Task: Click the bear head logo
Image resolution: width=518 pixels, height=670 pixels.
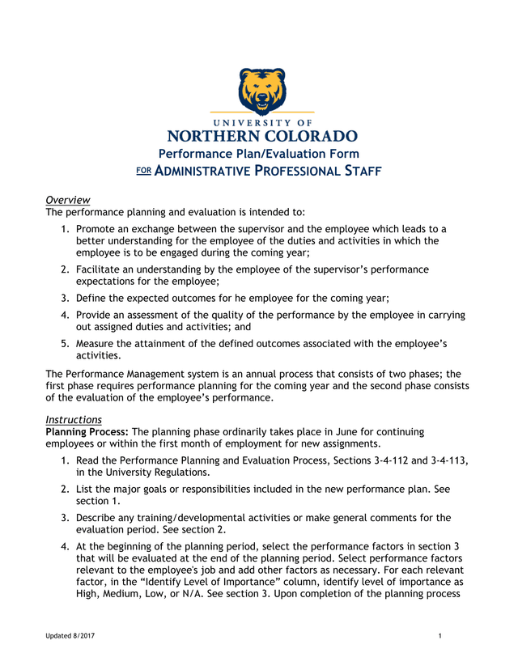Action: [x=261, y=89]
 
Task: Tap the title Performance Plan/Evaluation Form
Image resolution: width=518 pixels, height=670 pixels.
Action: [x=258, y=154]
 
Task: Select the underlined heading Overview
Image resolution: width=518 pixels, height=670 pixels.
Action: [x=67, y=200]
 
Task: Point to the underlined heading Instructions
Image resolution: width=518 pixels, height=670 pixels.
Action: [x=73, y=420]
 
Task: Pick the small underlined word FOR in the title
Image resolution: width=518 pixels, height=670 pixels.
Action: [x=142, y=171]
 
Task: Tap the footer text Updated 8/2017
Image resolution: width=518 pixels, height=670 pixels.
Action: [x=70, y=637]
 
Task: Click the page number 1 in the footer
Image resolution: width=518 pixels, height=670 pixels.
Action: [x=439, y=637]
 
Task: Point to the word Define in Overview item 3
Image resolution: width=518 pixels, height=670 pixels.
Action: [x=95, y=298]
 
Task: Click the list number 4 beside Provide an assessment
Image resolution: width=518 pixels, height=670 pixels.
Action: [x=64, y=315]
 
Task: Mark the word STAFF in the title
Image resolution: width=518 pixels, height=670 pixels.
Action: [x=355, y=172]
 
